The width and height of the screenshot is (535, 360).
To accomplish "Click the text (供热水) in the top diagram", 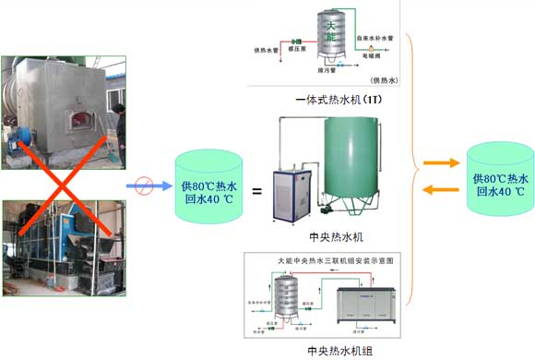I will (x=381, y=82).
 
